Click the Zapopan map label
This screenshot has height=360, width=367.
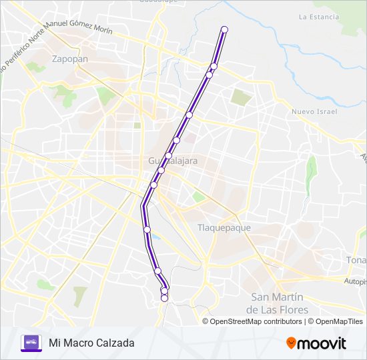69,59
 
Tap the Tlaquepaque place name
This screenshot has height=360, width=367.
224,227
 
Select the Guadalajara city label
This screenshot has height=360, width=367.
173,161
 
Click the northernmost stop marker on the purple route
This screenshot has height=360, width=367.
224,29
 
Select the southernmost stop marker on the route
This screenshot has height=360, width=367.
164,299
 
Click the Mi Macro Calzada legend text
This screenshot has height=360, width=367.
91,343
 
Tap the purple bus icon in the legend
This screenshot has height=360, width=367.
31,343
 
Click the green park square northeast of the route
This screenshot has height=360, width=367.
241,97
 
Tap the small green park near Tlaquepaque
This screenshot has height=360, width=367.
198,197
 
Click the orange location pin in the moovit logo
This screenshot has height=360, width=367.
291,343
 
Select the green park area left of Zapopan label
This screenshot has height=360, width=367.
37,66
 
